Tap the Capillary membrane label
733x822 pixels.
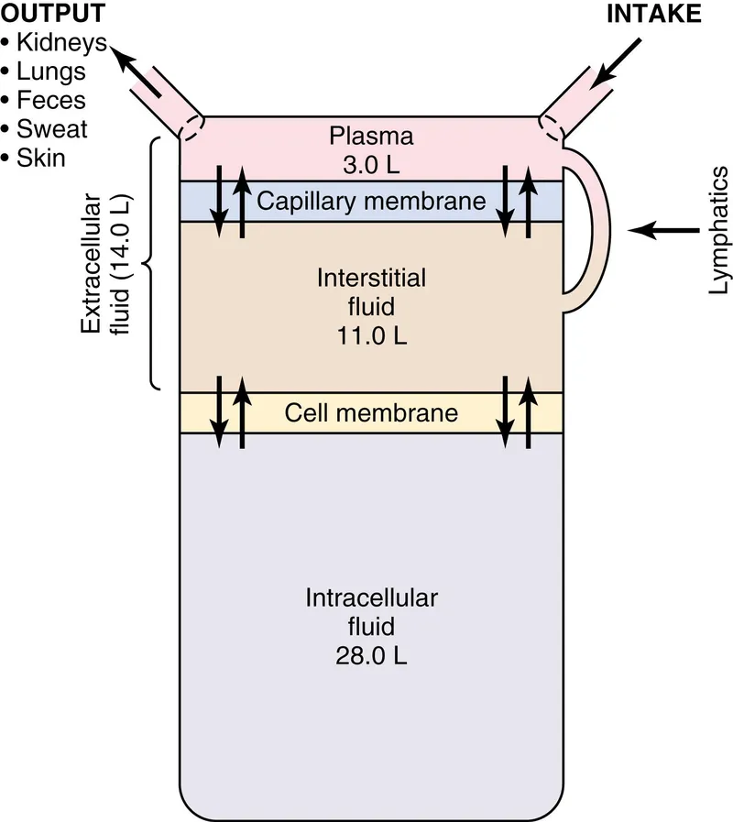pos(371,201)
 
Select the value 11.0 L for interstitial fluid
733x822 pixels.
pos(371,334)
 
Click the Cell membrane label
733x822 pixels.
pos(371,412)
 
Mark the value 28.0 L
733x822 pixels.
pos(371,656)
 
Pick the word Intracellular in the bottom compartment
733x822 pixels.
pos(371,598)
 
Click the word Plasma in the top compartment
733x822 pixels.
pos(371,137)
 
